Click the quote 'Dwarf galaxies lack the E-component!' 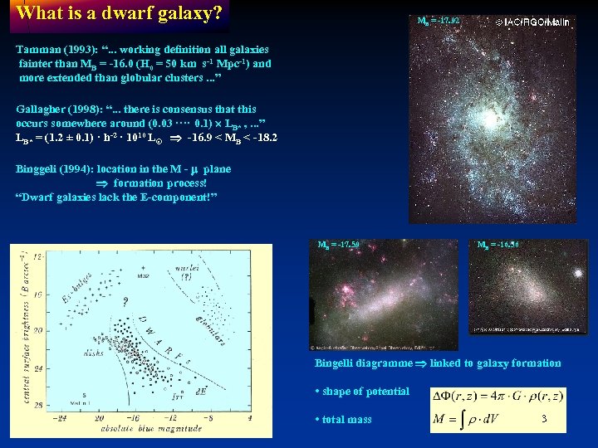[116, 197]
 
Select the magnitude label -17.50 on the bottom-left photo [340, 245]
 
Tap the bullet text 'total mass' [347, 420]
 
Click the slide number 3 [543, 419]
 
